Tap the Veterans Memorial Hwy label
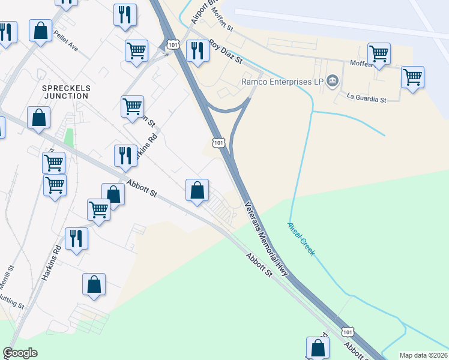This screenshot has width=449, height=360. point(268,238)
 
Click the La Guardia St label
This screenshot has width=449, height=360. point(366,97)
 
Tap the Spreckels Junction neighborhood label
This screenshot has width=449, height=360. point(66,91)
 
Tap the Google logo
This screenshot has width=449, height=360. point(20,353)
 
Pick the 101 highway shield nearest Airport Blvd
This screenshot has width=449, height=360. point(173,44)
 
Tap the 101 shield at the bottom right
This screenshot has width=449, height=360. point(347,331)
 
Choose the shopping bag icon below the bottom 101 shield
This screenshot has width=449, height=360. point(318,347)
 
